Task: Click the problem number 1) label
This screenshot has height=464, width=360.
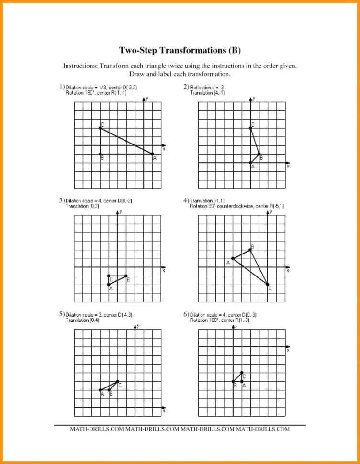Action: (62, 87)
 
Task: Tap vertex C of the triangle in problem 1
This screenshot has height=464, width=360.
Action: (100, 128)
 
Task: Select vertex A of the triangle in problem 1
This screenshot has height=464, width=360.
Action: (153, 154)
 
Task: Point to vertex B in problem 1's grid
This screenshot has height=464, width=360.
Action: (100, 154)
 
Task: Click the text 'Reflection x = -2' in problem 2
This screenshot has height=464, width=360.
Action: (207, 88)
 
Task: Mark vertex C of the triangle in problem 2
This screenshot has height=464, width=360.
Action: (250, 128)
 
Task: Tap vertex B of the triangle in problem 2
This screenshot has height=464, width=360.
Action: (259, 154)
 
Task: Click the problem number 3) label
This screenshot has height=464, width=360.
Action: (62, 200)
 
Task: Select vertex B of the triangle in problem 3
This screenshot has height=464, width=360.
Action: (126, 276)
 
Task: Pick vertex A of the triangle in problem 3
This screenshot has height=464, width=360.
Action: (109, 285)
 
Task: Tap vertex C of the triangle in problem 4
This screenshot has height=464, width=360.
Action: (268, 285)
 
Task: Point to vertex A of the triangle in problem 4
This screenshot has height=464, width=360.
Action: (233, 258)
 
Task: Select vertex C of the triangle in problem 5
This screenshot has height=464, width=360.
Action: (118, 381)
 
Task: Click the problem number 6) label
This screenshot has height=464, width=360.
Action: (186, 314)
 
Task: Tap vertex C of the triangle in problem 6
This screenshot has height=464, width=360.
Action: (242, 372)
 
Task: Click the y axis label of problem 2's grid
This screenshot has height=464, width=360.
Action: (254, 98)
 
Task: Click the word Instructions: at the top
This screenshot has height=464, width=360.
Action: (81, 66)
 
